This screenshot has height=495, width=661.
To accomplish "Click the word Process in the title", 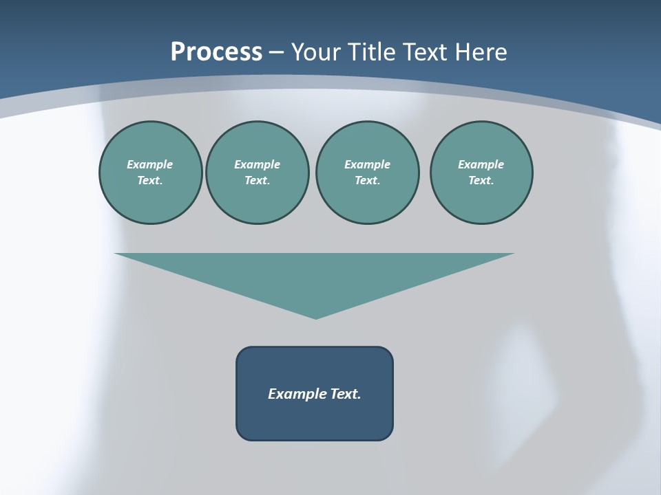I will pos(216,52).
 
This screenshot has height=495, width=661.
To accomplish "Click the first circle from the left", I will pos(150,173).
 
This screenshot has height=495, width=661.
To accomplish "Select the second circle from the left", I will pos(257,173).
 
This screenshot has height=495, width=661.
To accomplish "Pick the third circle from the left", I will pos(367,173).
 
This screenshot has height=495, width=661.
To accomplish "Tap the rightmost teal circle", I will pos(481,173).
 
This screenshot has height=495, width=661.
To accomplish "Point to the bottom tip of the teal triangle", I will pos(315,317).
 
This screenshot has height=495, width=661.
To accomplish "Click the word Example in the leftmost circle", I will pos(150,164).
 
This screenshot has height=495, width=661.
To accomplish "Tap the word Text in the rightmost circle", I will pos(481,181).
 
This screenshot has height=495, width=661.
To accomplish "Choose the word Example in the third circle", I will pos(367,164).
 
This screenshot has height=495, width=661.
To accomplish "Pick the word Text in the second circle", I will pos(257,181).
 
